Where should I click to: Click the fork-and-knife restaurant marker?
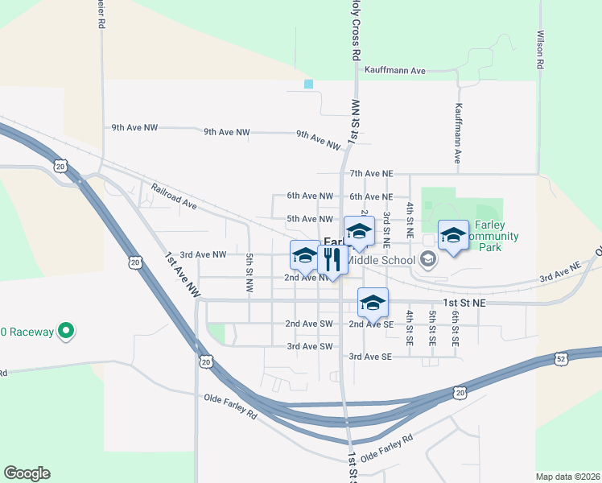pyautogui.click(x=332, y=258)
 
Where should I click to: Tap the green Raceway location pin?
pyautogui.click(x=68, y=331)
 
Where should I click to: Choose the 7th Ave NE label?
pyautogui.click(x=371, y=174)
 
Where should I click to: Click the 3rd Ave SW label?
pyautogui.click(x=309, y=347)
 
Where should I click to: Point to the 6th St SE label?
pyautogui.click(x=455, y=328)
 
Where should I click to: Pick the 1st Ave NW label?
pyautogui.click(x=182, y=276)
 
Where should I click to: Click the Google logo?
pyautogui.click(x=27, y=473)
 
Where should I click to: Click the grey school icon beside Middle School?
pyautogui.click(x=427, y=258)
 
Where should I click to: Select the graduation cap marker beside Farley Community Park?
pyautogui.click(x=452, y=235)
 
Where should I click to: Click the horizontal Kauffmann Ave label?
pyautogui.click(x=394, y=71)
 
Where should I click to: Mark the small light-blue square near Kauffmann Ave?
pyautogui.click(x=308, y=84)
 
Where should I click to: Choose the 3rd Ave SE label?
pyautogui.click(x=370, y=357)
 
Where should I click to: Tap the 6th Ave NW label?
pyautogui.click(x=310, y=196)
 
